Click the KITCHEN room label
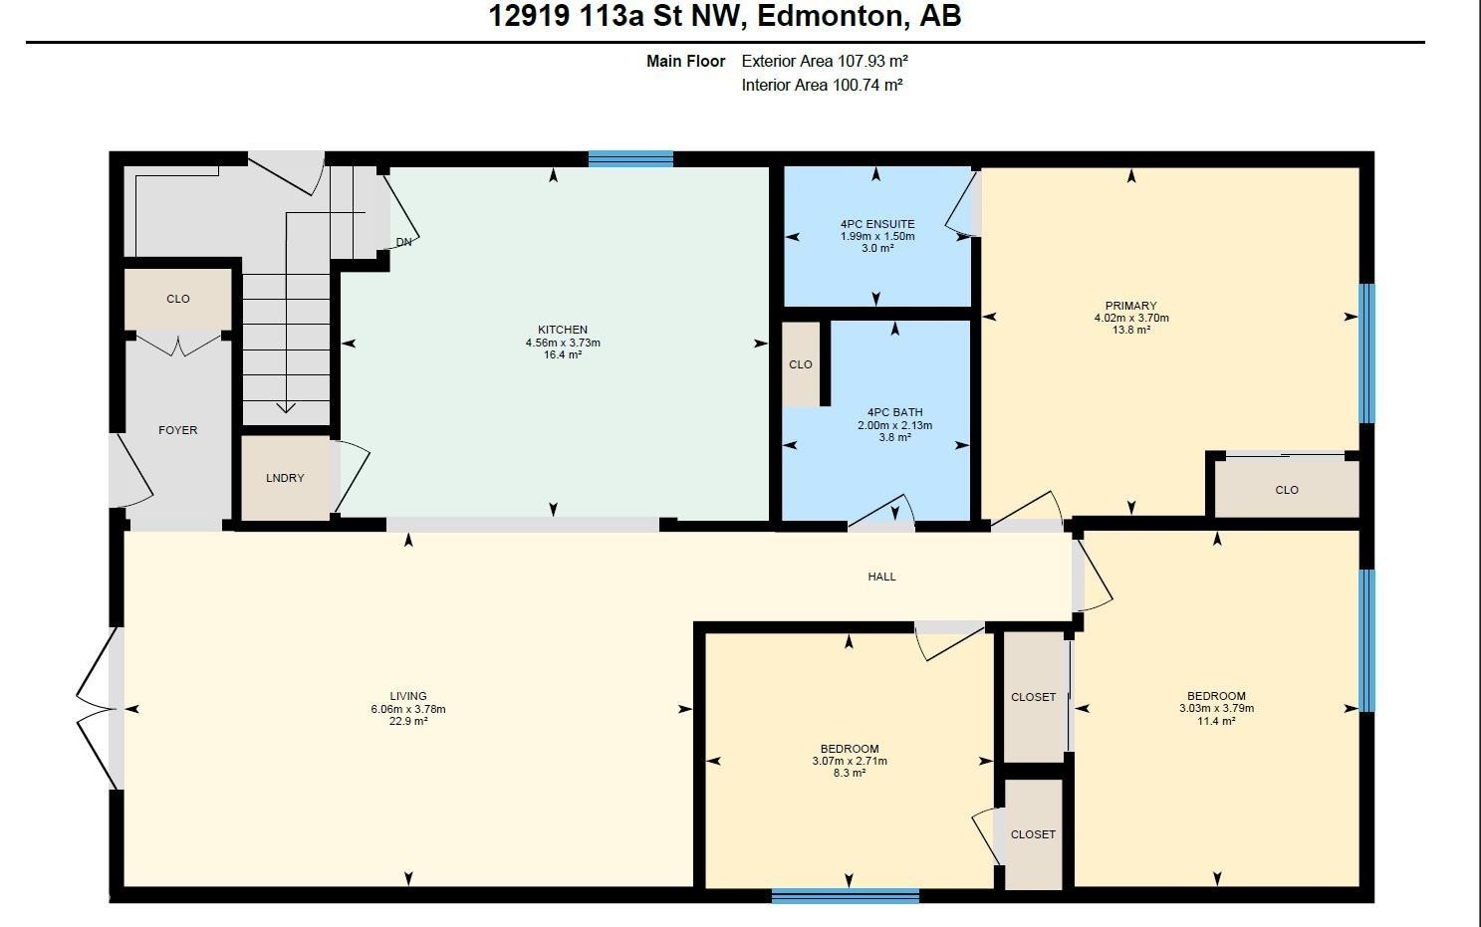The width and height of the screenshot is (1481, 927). pyautogui.click(x=563, y=330)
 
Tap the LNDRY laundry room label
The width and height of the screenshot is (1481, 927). pyautogui.click(x=285, y=478)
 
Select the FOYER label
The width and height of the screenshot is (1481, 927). pyautogui.click(x=178, y=430)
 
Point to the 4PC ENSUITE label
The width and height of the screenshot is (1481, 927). pyautogui.click(x=876, y=224)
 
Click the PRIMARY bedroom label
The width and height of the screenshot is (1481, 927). pyautogui.click(x=1130, y=306)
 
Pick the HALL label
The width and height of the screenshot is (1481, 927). pyautogui.click(x=881, y=577)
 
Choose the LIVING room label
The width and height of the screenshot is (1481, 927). pyautogui.click(x=408, y=696)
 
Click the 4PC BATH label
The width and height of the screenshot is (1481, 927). pyautogui.click(x=894, y=412)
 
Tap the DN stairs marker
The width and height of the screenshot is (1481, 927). pyautogui.click(x=403, y=242)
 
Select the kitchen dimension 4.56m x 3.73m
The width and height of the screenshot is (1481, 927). pyautogui.click(x=563, y=343)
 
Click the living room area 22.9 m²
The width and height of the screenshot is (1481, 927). pyautogui.click(x=408, y=721)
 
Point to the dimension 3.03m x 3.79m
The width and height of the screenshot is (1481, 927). pyautogui.click(x=1216, y=709)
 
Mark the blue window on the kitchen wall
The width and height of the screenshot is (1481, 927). pyautogui.click(x=630, y=158)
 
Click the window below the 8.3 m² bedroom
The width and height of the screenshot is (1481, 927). pyautogui.click(x=845, y=896)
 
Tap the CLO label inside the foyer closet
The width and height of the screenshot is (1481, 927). pyautogui.click(x=178, y=299)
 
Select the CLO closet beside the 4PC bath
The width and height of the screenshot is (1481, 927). pyautogui.click(x=801, y=364)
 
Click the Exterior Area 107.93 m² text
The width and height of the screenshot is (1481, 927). pyautogui.click(x=825, y=61)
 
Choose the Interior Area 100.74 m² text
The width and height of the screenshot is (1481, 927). pyautogui.click(x=822, y=86)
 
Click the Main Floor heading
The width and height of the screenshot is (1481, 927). pyautogui.click(x=685, y=61)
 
